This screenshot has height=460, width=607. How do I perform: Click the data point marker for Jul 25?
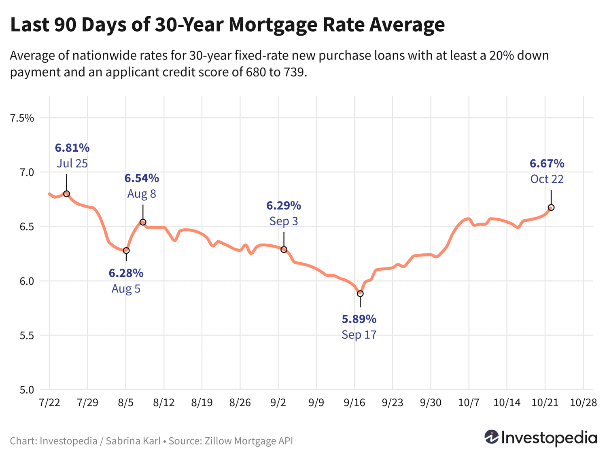[x=67, y=194]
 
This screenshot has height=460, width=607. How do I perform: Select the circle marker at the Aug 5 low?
[x=126, y=250]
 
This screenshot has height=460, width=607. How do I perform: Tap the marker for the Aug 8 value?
[x=143, y=222]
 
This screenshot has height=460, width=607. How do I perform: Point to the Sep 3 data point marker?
[x=284, y=250]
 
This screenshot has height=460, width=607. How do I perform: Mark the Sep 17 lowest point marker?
[x=360, y=293]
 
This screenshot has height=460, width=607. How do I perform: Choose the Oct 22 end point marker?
[x=551, y=208]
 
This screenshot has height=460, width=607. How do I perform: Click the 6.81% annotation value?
[x=72, y=147]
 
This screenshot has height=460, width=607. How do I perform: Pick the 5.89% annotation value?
[x=359, y=319]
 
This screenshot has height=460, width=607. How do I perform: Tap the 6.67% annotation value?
[x=547, y=163]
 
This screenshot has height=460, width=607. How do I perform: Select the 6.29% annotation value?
[x=284, y=206]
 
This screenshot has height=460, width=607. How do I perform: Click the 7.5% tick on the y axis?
[x=22, y=118]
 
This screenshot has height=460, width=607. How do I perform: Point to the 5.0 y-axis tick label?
[x=25, y=390]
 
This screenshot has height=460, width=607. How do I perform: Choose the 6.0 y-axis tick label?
[x=25, y=281]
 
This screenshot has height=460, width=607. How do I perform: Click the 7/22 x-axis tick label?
[x=49, y=403]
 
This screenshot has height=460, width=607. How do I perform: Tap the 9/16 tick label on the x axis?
[x=354, y=403]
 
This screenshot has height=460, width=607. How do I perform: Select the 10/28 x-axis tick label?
[x=583, y=403]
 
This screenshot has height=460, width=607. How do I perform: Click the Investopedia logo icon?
[x=491, y=437]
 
